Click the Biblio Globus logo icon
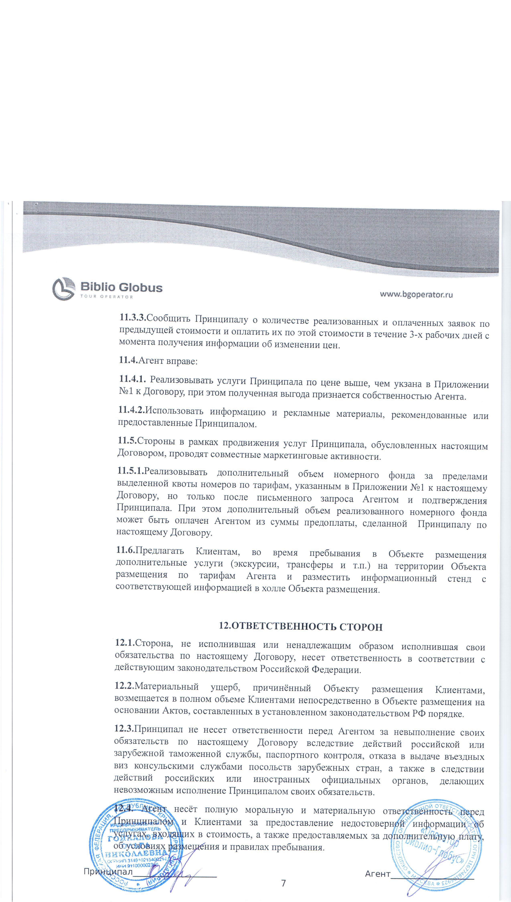[64, 288]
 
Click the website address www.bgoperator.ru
[416, 294]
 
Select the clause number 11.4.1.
[132, 379]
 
